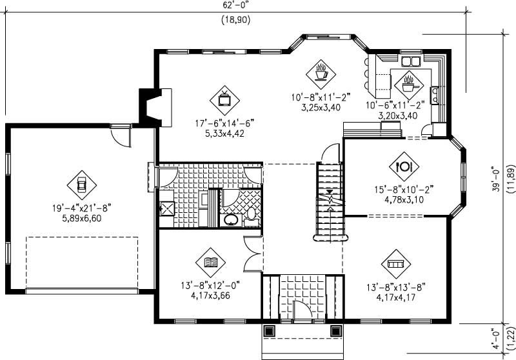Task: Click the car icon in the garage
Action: tap(81, 185)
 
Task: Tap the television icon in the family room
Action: tap(224, 99)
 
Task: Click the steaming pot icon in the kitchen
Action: tap(408, 83)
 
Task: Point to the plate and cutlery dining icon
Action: tap(404, 165)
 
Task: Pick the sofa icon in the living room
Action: tap(395, 264)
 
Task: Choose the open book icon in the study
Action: tap(210, 263)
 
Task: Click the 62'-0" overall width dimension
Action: tap(235, 5)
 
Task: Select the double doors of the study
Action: tap(253, 255)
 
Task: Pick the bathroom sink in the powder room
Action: tap(230, 221)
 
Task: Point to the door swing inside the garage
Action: tap(121, 137)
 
